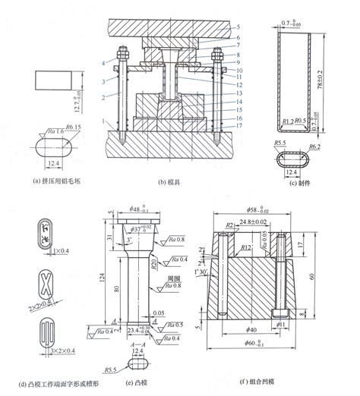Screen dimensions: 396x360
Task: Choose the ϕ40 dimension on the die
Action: pos(253,328)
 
